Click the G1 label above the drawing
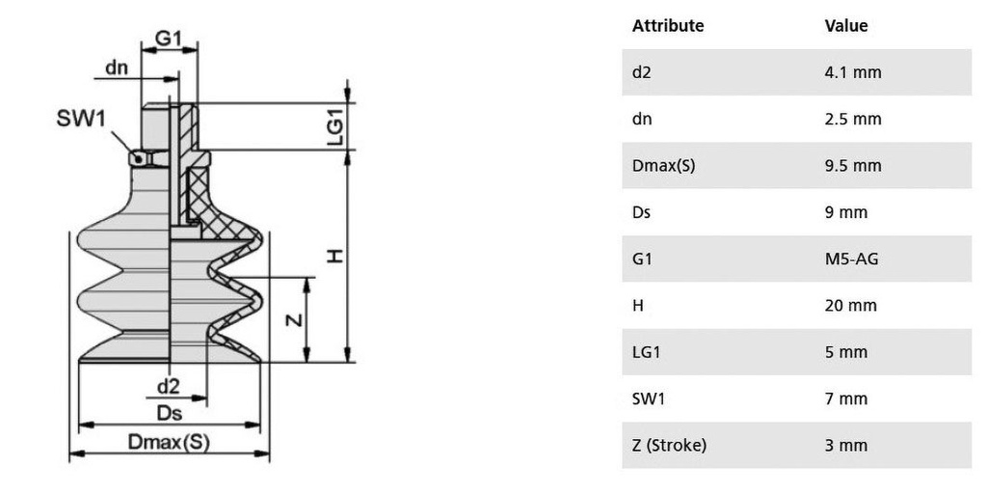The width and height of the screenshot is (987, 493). (x=169, y=38)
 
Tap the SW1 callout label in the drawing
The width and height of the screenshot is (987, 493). (x=80, y=119)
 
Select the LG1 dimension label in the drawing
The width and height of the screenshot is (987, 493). (x=334, y=126)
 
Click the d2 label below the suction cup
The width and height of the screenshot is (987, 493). (x=169, y=386)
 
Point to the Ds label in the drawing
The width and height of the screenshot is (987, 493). (x=169, y=413)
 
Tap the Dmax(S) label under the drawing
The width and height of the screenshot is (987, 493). (x=169, y=443)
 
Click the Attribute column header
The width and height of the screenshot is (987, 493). (x=667, y=26)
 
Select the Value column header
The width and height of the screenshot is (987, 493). (x=845, y=26)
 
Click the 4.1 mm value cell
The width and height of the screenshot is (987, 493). (x=852, y=72)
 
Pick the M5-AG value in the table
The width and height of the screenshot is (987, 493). (x=851, y=259)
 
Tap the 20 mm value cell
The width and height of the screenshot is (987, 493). (x=850, y=306)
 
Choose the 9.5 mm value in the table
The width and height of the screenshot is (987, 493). (x=852, y=166)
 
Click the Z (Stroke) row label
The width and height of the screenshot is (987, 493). (x=669, y=446)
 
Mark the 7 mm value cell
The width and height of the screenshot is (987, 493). (x=845, y=398)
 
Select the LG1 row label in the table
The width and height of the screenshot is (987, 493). (x=646, y=352)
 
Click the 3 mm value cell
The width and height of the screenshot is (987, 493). (x=845, y=446)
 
